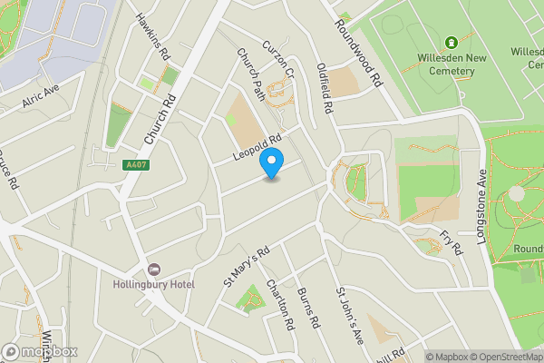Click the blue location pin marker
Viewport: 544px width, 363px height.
[271, 163]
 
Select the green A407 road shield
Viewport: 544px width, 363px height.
[134, 165]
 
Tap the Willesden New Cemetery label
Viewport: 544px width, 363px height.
[451, 62]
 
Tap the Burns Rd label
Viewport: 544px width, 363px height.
[309, 308]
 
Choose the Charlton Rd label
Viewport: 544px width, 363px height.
[281, 305]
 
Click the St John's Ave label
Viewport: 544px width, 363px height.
[349, 317]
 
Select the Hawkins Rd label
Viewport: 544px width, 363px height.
[152, 36]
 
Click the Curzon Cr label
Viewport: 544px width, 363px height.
[278, 59]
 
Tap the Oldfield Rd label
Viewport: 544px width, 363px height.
[325, 88]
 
